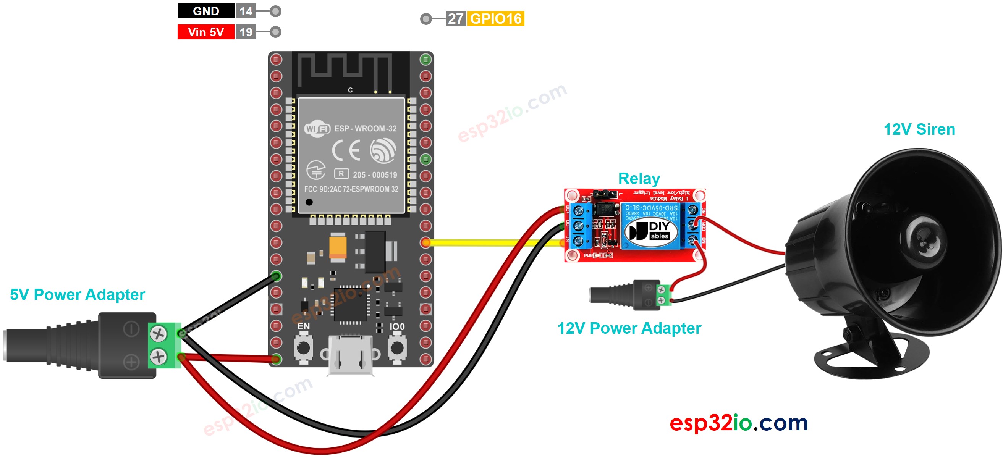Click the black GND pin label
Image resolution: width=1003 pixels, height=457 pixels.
[x=205, y=11]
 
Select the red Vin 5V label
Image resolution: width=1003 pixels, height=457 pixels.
[x=205, y=32]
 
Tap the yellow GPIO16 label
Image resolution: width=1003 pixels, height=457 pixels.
[x=495, y=19]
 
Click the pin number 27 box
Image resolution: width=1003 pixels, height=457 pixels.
[x=455, y=19]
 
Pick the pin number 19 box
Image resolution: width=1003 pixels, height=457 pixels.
[x=246, y=32]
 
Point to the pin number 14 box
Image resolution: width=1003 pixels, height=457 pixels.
[x=246, y=11]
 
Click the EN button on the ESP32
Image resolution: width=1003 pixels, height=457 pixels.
[x=303, y=347]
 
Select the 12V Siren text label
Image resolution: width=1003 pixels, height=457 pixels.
[x=919, y=129]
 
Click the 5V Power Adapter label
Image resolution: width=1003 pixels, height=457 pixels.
[x=77, y=294]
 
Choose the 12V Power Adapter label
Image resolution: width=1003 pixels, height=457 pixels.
[x=629, y=328]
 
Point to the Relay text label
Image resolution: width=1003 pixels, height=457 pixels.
[x=639, y=179]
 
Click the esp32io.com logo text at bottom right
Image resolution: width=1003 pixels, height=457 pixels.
[x=738, y=423]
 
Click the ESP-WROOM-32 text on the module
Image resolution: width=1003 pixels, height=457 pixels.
[x=365, y=128]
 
